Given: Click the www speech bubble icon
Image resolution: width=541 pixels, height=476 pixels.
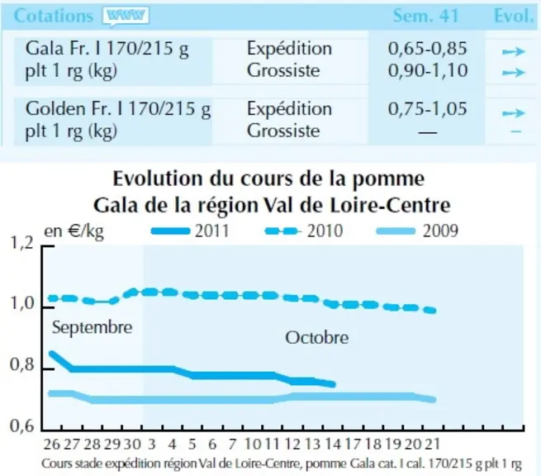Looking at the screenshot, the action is tap(126, 17).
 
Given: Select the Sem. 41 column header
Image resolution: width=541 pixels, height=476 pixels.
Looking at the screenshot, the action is tap(425, 16).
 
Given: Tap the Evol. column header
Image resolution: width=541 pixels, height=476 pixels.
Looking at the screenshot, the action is tap(514, 16).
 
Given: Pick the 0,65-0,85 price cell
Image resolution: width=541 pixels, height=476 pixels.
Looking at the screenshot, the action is tap(428, 48).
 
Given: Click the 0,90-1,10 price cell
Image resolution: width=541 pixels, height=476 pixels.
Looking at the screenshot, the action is tap(428, 70).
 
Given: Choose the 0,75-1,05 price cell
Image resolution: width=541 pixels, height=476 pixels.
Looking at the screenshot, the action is tap(428, 108).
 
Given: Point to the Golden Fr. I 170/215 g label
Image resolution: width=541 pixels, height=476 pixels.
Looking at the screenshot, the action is tap(117, 109).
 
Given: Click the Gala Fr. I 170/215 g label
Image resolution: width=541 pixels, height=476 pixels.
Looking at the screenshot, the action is tap(107, 49).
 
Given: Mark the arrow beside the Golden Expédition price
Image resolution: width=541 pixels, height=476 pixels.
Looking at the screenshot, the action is tap(514, 113).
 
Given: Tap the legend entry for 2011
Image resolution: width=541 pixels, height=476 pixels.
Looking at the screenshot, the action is tap(191, 231).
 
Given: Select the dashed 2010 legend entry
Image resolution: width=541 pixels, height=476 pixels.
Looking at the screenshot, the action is tap(304, 231).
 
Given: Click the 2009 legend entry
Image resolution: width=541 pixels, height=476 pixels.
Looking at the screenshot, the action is tap(417, 231).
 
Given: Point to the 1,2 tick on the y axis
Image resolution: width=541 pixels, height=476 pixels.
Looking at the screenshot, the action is tap(22, 243).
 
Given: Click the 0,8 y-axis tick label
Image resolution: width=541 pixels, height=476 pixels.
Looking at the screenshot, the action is tap(22, 365).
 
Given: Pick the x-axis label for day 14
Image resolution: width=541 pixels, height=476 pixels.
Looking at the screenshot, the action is tap(332, 444).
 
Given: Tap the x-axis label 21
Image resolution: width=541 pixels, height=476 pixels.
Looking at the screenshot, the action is tap(432, 444).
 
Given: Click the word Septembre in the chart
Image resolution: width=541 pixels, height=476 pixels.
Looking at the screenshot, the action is tap(93, 327).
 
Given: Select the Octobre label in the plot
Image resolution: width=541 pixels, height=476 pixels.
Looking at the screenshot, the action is tap(316, 337).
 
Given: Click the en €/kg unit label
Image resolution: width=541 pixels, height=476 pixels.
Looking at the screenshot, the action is tap(74, 231).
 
